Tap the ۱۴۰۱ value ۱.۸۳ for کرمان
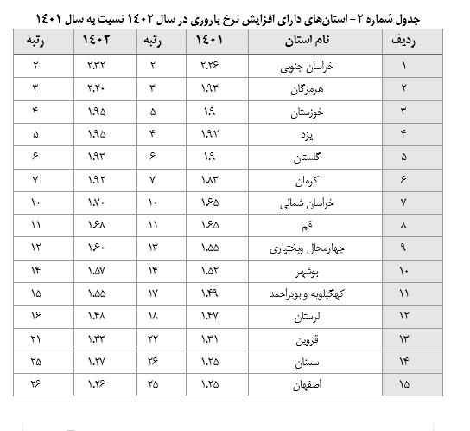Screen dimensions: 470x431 [x=210, y=179]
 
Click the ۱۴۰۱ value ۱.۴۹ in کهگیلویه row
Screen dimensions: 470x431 [x=210, y=293]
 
